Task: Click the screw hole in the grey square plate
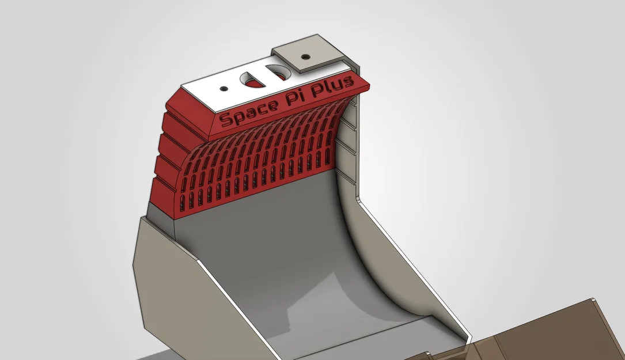point(305,56)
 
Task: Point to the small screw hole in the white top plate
point(224,88)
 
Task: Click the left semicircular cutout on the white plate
point(252,79)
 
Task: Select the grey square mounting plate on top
point(308,52)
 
